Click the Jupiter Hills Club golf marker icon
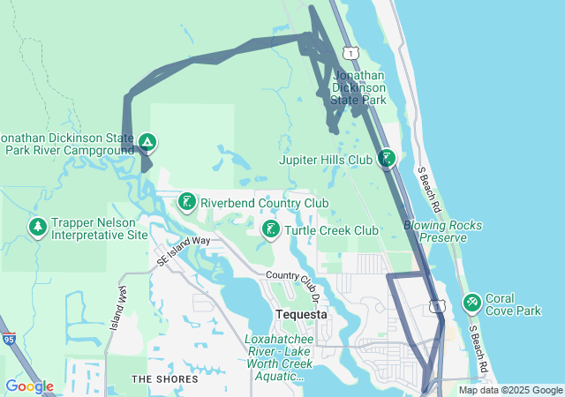point(386,159)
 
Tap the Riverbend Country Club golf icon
point(187,202)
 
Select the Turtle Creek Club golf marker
point(271,230)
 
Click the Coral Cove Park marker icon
point(472,303)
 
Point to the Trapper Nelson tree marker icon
point(38,228)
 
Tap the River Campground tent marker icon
point(147,141)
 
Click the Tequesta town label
point(301,314)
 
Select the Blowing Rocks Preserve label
point(442,231)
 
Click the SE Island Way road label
point(184,250)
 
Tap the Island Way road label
point(118,305)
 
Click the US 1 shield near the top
point(351,55)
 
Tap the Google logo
point(29,386)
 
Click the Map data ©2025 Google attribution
point(510,390)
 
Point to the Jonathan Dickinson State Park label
point(358,88)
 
